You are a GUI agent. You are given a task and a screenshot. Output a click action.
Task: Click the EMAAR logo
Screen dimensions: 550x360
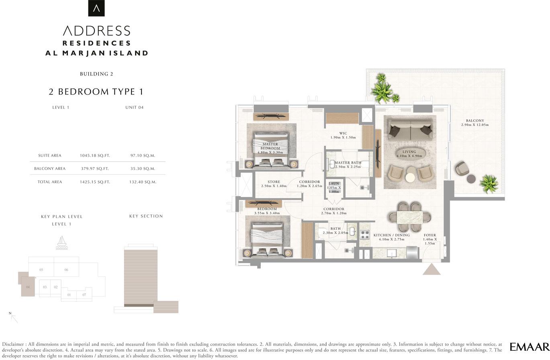[x=530, y=347]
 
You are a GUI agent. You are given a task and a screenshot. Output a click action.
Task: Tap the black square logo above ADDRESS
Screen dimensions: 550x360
[x=96, y=8]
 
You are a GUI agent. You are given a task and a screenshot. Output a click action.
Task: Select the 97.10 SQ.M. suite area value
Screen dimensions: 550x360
[x=143, y=155]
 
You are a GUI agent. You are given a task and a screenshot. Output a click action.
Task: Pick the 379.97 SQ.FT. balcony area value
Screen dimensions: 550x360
[x=95, y=169]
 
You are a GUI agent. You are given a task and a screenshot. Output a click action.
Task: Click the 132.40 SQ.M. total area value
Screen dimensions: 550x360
[x=143, y=182]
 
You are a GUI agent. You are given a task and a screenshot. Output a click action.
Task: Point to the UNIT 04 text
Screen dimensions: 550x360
[x=134, y=107]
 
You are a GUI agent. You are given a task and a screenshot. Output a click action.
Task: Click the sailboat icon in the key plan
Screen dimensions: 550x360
[x=61, y=243]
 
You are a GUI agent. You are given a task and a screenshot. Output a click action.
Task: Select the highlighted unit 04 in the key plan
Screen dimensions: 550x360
[x=28, y=286]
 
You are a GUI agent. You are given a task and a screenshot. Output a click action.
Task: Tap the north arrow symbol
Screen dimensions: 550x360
[x=14, y=318]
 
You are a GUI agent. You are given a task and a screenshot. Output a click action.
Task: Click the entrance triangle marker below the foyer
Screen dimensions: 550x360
[x=431, y=269]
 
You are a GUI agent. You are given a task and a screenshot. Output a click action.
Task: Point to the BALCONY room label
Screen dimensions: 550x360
[x=475, y=121]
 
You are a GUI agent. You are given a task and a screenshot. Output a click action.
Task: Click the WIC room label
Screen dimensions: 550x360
[x=343, y=133]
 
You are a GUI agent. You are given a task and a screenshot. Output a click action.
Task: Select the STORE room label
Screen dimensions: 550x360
[x=274, y=182]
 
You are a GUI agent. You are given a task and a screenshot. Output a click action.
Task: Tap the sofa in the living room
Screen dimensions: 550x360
[x=410, y=130]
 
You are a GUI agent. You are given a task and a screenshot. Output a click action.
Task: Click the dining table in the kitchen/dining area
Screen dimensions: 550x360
[x=409, y=217]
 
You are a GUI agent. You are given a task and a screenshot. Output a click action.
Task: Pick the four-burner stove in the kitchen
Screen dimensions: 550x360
[x=365, y=235]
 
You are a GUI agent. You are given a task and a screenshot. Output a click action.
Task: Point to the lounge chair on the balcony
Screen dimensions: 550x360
[x=462, y=169]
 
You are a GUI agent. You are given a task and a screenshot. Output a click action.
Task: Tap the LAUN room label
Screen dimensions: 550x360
[x=334, y=184]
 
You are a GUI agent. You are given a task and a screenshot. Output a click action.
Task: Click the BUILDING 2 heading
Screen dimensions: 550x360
[x=96, y=74]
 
